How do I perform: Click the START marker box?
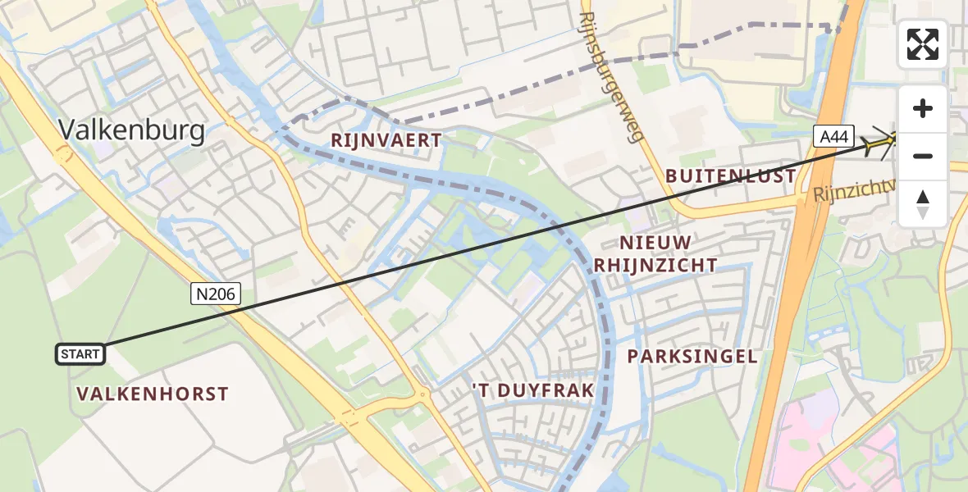pos(80,354)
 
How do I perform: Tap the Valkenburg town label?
pos(131,130)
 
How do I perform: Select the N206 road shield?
pos(217,294)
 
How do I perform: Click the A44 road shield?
pos(834,136)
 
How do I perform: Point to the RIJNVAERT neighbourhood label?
pos(386,141)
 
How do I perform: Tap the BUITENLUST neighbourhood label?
pos(730,175)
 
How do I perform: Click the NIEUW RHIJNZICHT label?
pos(655,253)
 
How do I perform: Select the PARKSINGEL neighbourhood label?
pos(692,356)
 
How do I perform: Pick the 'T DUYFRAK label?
pos(532,390)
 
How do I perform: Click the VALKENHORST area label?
pos(153,394)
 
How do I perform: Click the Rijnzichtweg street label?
pos(853,193)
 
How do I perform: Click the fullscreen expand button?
pos(923,44)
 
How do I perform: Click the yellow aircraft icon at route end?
pos(881,144)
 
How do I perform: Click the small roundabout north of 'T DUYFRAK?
pos(423,395)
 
